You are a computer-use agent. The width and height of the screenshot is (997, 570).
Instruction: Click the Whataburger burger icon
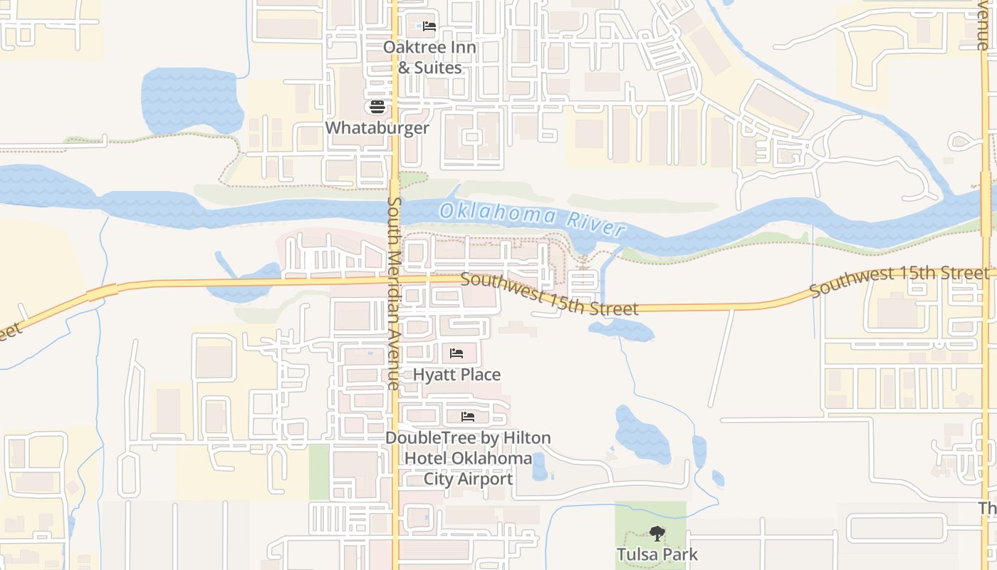[377, 108]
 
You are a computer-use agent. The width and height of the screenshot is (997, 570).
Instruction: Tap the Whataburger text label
[377, 128]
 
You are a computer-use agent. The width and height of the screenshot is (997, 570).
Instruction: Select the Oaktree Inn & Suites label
[429, 58]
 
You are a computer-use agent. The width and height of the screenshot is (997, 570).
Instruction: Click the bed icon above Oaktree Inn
[429, 26]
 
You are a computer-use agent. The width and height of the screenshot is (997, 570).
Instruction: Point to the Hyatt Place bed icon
[456, 353]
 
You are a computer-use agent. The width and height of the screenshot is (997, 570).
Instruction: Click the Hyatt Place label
[456, 375]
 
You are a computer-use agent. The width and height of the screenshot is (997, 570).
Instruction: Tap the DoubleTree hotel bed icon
[468, 416]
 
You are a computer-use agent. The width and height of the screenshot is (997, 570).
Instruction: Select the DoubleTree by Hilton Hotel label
[468, 458]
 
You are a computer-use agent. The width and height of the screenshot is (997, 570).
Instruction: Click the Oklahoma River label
[532, 219]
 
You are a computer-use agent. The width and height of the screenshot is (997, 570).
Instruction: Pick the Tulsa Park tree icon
[657, 534]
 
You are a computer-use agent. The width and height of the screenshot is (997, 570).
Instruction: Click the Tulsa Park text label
[657, 554]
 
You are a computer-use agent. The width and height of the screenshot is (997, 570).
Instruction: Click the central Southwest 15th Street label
[549, 294]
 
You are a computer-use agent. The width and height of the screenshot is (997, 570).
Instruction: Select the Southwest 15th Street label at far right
[899, 281]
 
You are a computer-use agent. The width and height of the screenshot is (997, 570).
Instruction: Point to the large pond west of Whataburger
[191, 100]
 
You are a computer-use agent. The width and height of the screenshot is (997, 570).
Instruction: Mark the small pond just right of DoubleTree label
[540, 467]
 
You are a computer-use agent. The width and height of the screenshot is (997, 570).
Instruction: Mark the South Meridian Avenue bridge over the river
[395, 207]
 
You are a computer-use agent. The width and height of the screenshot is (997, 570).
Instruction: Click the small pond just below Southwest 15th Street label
[621, 330]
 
